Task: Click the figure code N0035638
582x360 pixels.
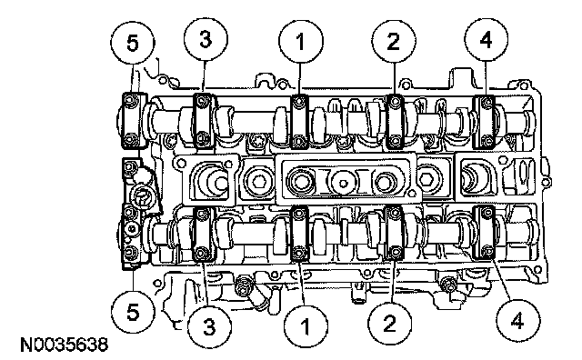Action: point(65,345)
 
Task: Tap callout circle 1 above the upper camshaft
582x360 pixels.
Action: point(301,41)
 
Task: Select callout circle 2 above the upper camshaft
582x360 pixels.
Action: point(394,41)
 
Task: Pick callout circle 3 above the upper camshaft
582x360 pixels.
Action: point(206,39)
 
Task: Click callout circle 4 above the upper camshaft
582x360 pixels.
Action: point(487,39)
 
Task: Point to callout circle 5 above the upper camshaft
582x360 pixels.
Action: point(133,43)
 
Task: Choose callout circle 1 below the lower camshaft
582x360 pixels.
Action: point(306,326)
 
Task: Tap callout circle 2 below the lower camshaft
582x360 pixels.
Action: point(390,323)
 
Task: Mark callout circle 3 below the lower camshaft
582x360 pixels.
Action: point(210,326)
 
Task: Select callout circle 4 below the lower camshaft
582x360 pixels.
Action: point(517,321)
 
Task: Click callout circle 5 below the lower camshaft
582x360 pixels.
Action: point(133,312)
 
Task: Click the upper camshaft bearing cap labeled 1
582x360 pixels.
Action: point(299,121)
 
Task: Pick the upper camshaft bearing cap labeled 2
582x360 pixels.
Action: point(396,121)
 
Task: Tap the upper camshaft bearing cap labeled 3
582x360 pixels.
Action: point(204,121)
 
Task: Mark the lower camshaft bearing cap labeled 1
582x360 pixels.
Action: point(299,234)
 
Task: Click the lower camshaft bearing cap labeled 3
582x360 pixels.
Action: point(203,235)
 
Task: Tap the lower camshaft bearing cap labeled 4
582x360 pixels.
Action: point(486,233)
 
